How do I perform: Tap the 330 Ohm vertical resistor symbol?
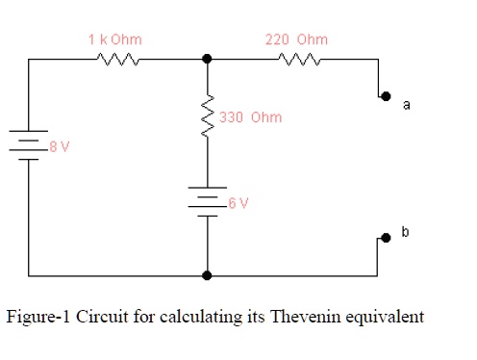(x=208, y=116)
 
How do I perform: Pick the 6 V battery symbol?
(x=208, y=200)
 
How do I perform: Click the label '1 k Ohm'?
(x=114, y=39)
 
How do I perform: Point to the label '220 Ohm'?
(x=296, y=39)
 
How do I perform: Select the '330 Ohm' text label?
(x=251, y=117)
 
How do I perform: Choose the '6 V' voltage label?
(x=238, y=203)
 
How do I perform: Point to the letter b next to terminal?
(x=405, y=232)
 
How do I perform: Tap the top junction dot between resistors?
(x=208, y=60)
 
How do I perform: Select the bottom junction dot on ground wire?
(x=208, y=274)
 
